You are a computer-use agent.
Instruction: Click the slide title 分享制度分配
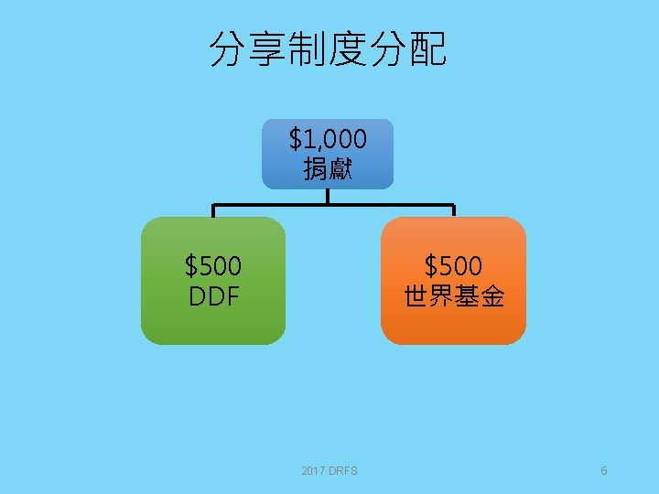(x=329, y=49)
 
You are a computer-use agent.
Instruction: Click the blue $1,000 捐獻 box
(x=328, y=154)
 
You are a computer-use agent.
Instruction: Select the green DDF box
(x=213, y=281)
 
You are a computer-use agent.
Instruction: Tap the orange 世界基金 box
(x=453, y=281)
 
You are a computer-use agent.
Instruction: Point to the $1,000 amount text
(x=328, y=139)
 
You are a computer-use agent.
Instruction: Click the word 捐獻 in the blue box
(x=328, y=168)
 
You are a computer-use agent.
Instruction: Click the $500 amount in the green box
(x=213, y=266)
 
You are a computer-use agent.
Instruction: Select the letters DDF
(x=213, y=296)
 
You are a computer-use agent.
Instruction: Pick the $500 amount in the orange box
(x=453, y=266)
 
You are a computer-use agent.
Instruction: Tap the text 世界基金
(x=453, y=296)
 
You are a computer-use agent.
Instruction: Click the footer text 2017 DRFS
(x=329, y=471)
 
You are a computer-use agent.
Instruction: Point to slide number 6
(x=604, y=471)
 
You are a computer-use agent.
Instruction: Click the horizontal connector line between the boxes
(x=275, y=204)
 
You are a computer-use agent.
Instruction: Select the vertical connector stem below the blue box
(x=328, y=196)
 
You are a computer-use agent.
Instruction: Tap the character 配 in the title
(x=427, y=49)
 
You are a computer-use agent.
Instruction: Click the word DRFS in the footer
(x=344, y=471)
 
